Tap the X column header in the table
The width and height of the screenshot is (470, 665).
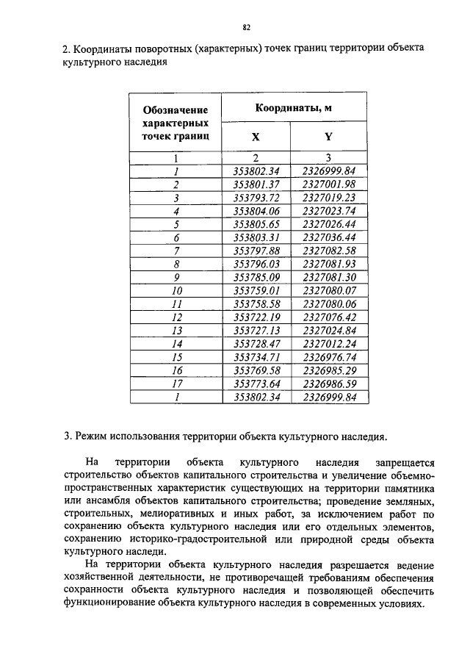pyautogui.click(x=256, y=137)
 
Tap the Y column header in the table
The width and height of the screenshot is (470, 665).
pyautogui.click(x=329, y=137)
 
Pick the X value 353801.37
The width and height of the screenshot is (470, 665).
pyautogui.click(x=255, y=184)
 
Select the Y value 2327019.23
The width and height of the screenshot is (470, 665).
pyautogui.click(x=329, y=198)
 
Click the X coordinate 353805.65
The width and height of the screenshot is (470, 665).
pyautogui.click(x=255, y=224)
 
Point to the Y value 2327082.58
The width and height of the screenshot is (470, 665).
pyautogui.click(x=329, y=251)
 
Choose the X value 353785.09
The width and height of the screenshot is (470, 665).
pyautogui.click(x=255, y=278)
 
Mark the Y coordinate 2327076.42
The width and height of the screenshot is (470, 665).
pyautogui.click(x=329, y=317)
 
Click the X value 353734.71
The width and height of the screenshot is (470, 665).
pyautogui.click(x=255, y=357)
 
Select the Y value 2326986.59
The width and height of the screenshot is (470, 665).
pyautogui.click(x=329, y=384)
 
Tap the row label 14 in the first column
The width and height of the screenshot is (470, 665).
pyautogui.click(x=176, y=344)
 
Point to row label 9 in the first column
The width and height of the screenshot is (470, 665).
pyautogui.click(x=176, y=278)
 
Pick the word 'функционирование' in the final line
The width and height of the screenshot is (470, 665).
pyautogui.click(x=111, y=602)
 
